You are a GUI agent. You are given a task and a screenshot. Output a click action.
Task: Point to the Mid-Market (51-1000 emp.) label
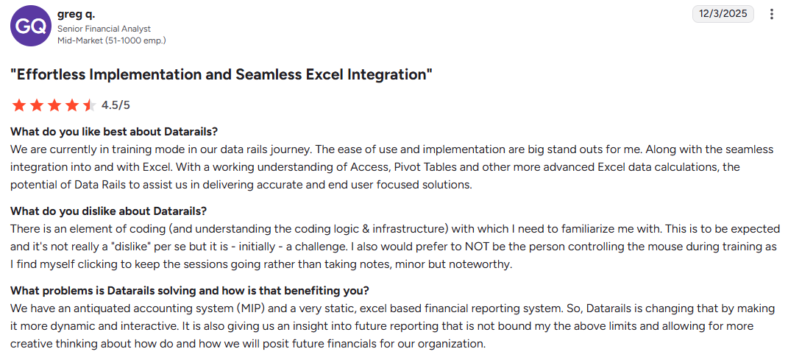click(x=111, y=40)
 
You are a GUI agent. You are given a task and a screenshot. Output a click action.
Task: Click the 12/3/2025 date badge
click(x=723, y=14)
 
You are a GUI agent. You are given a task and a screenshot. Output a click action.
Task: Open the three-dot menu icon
click(x=771, y=14)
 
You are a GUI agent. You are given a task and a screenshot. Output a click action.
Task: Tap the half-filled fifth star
click(x=89, y=105)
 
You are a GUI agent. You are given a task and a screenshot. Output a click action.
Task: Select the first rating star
click(x=18, y=105)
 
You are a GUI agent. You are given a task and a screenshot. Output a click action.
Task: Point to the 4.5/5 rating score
click(x=116, y=105)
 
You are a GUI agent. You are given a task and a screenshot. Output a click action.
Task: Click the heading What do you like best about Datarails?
click(x=114, y=131)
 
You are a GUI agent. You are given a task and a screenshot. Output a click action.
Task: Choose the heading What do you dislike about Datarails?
click(x=108, y=211)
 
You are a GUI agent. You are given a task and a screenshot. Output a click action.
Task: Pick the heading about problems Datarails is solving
click(x=189, y=290)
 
